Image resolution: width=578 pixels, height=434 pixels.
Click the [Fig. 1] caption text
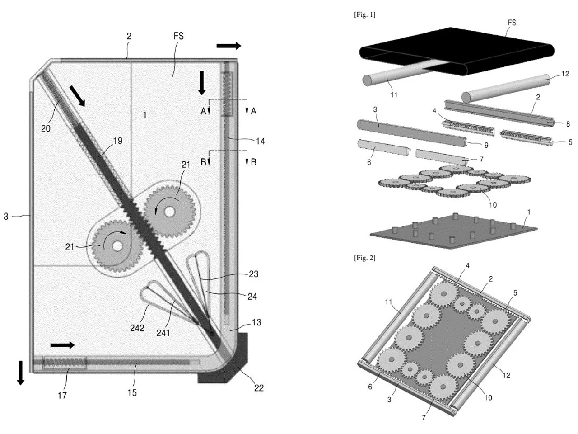click(364, 15)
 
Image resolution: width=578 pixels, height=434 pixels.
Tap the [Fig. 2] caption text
click(364, 258)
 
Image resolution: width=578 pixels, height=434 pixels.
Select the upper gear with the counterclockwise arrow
click(170, 211)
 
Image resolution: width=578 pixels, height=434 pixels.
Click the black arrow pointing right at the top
click(228, 46)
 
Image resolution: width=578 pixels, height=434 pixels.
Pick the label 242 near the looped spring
click(137, 327)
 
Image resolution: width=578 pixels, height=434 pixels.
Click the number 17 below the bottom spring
click(62, 395)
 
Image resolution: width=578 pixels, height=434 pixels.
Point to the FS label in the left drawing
click(179, 36)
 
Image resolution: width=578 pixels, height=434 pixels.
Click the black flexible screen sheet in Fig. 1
click(452, 50)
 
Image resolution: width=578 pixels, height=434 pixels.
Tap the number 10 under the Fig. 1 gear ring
click(493, 205)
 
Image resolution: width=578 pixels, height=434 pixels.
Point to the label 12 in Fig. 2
click(506, 375)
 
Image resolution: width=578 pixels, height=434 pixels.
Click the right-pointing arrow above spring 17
click(62, 345)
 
